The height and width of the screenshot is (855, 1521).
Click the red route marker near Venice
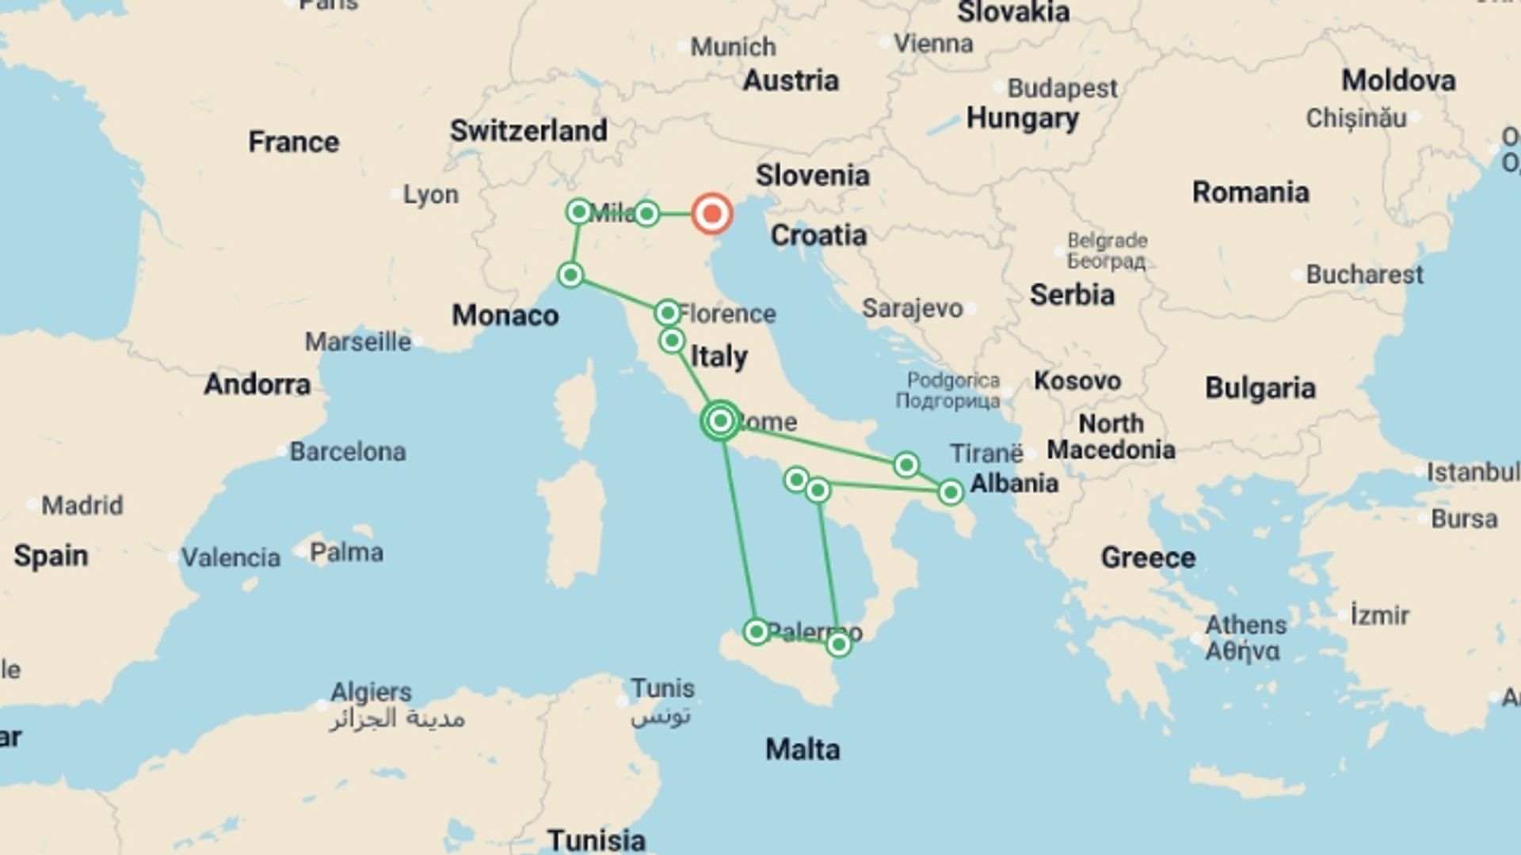click(711, 214)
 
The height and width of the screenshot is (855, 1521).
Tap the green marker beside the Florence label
click(668, 313)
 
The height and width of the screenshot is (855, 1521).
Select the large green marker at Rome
click(721, 420)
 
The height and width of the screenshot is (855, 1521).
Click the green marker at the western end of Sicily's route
click(756, 631)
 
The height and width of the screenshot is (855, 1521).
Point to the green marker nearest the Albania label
click(951, 492)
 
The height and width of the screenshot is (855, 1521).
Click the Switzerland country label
click(528, 131)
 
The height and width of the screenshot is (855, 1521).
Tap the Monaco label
click(505, 315)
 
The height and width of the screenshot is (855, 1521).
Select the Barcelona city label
click(347, 451)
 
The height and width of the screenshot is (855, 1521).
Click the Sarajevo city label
click(912, 308)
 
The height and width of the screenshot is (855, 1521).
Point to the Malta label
click(802, 749)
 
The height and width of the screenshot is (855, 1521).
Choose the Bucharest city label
click(1364, 275)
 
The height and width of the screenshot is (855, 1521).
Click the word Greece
click(1148, 557)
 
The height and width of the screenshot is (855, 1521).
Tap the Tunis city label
click(662, 688)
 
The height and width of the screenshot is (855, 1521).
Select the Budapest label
click(1062, 88)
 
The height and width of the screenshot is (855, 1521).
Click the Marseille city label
click(358, 342)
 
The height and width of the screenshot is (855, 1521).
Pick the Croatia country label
click(818, 235)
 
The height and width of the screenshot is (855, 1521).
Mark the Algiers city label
click(371, 692)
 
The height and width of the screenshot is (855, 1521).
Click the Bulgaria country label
click(1260, 388)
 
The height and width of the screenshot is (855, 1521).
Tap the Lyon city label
click(430, 194)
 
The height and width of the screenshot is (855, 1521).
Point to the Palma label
click(346, 552)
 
